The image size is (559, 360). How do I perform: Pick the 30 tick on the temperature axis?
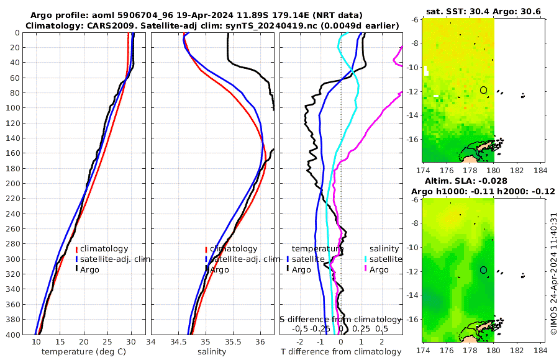[131, 342]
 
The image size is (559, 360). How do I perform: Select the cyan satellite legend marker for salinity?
[366, 259]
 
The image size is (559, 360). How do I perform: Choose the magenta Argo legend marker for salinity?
[366, 269]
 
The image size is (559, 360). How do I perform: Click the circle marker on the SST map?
[483, 90]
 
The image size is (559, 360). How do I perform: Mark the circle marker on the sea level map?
[483, 270]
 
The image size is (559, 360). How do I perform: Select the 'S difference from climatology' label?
[341, 318]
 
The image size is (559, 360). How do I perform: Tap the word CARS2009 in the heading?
[98, 25]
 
